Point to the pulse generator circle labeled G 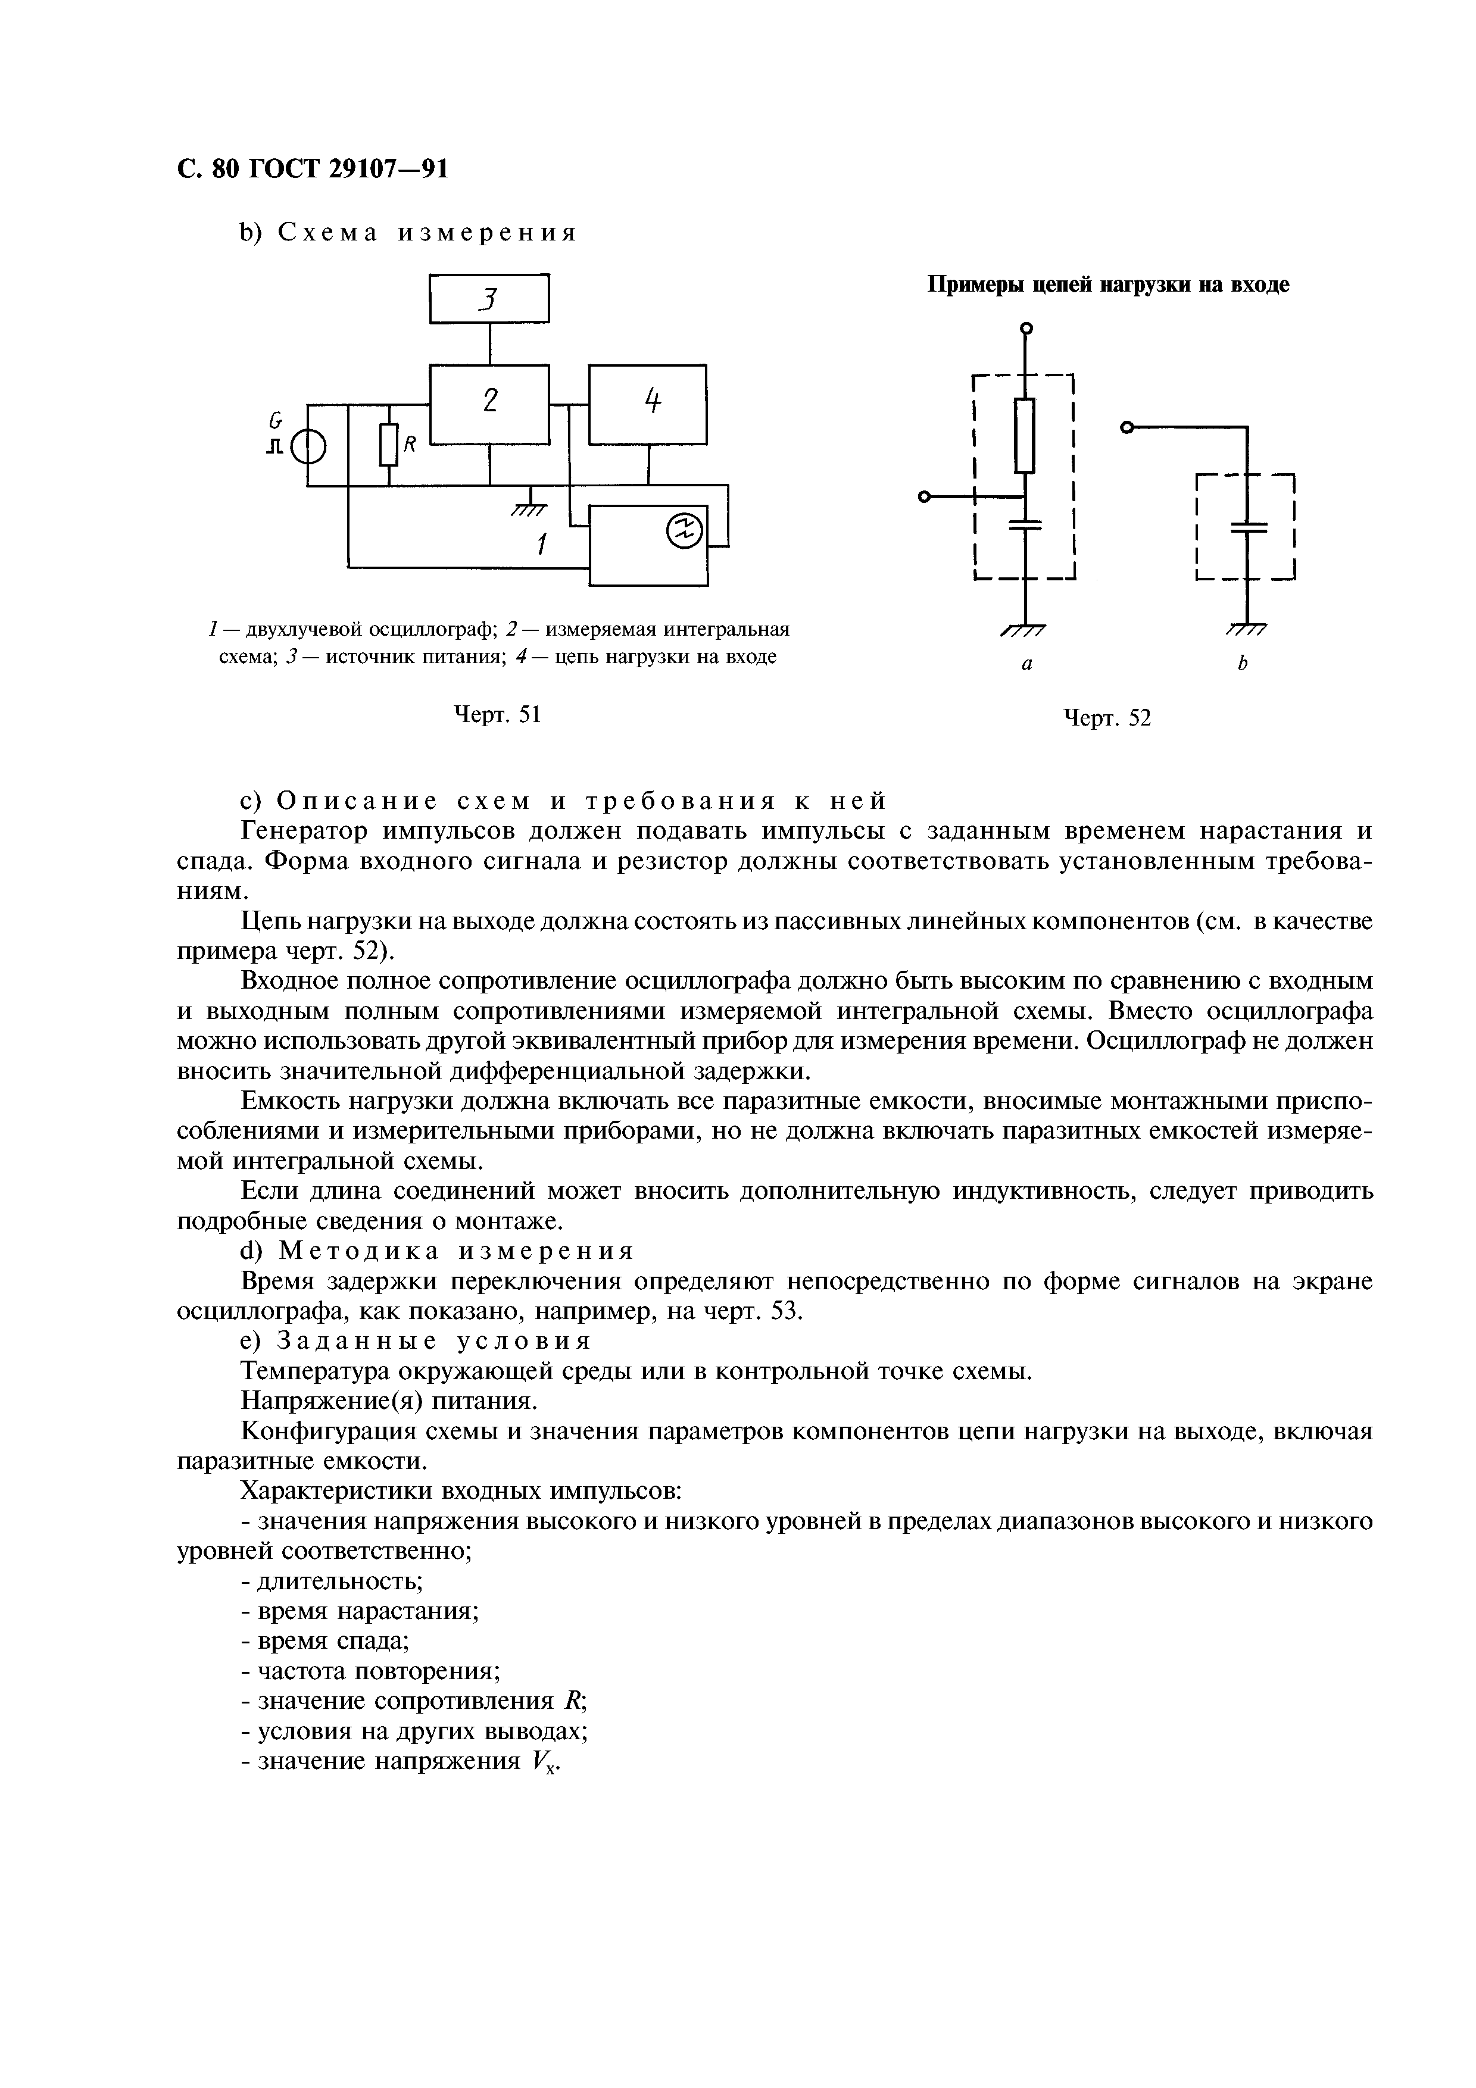[308, 446]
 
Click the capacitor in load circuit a [1025, 525]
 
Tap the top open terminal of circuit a [1026, 329]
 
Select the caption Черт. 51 [497, 715]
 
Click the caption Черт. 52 [1107, 718]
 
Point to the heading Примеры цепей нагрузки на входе [1107, 285]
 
